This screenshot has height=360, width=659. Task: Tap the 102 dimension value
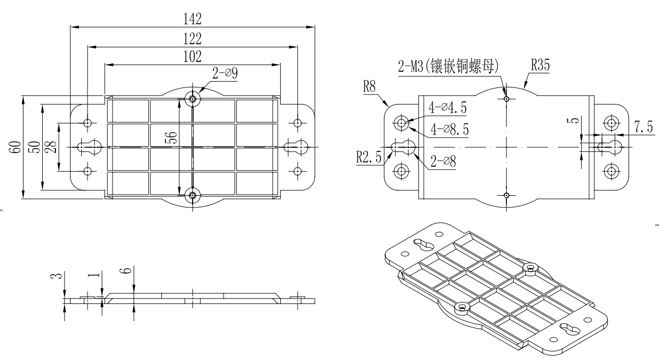coord(192,57)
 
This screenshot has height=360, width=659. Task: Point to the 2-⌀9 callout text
coord(225,74)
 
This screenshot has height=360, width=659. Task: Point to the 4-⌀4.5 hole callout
coord(447,108)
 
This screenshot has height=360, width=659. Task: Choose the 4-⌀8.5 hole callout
coord(447,128)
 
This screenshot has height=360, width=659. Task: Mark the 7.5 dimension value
coord(642,128)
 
